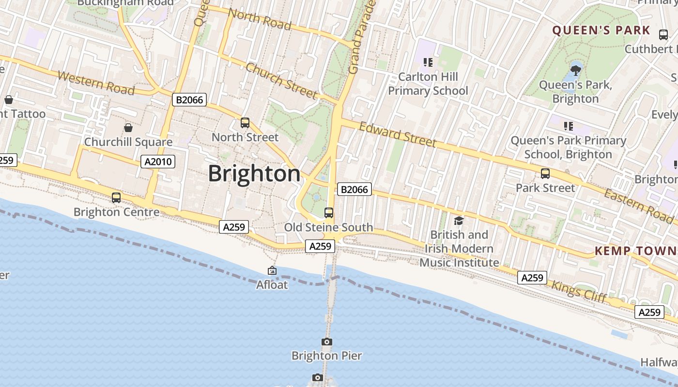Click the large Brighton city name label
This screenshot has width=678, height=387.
(x=254, y=174)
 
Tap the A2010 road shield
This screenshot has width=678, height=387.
(x=158, y=161)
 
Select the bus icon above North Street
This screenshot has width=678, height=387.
(x=245, y=123)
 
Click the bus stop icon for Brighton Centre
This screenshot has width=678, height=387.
(x=116, y=197)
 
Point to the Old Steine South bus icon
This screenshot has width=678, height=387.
(x=329, y=212)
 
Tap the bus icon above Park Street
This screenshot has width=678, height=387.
(x=545, y=174)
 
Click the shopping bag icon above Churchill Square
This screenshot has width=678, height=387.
(x=128, y=128)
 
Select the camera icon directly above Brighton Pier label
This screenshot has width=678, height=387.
(x=327, y=342)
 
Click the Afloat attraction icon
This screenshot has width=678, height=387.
(x=272, y=271)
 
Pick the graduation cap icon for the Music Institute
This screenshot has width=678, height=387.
(x=458, y=221)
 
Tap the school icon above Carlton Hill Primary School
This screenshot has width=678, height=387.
(x=428, y=62)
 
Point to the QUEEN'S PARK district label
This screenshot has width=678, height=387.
(x=601, y=30)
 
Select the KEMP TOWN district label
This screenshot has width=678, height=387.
(x=635, y=251)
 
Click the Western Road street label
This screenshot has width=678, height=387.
(x=96, y=83)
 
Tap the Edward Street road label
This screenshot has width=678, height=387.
(x=398, y=134)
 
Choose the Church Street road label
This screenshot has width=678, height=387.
(x=281, y=80)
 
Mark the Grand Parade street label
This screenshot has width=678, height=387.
(x=361, y=37)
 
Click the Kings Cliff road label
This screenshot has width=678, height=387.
(x=579, y=292)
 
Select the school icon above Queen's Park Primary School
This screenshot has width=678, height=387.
(x=569, y=126)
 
